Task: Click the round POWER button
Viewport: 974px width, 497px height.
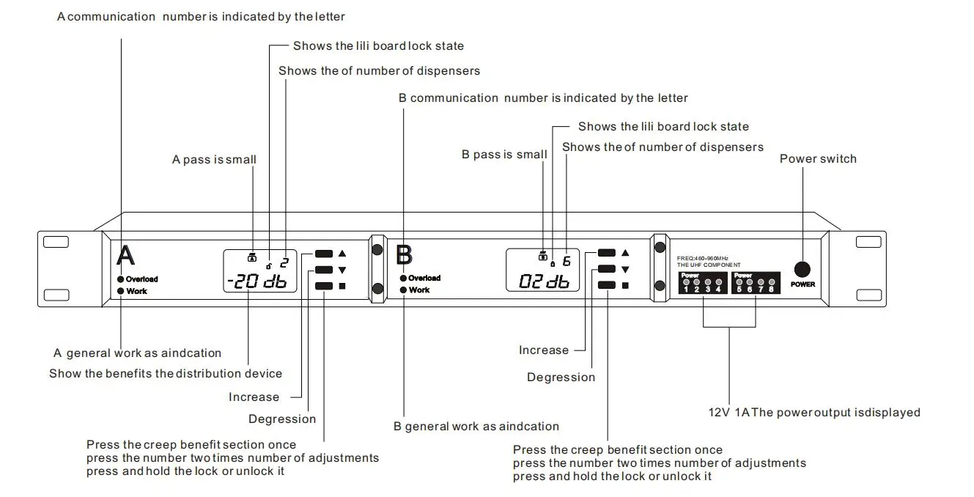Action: click(803, 269)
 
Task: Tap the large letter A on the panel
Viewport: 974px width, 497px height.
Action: click(126, 256)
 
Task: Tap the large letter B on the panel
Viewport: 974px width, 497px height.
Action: click(404, 255)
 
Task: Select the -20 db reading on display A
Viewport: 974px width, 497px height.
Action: click(257, 281)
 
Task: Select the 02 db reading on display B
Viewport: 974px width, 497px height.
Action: click(543, 281)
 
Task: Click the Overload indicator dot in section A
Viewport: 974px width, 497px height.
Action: click(120, 279)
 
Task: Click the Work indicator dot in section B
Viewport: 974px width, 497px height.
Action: click(403, 290)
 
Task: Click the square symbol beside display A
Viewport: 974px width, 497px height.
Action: click(342, 286)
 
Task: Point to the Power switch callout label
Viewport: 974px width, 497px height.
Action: click(817, 159)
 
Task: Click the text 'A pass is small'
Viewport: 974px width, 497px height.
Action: click(214, 160)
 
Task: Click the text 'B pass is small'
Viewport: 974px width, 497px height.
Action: click(503, 155)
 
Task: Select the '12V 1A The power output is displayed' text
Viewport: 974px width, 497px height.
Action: click(813, 413)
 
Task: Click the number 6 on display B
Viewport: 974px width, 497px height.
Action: click(566, 261)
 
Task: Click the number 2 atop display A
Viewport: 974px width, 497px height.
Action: click(284, 262)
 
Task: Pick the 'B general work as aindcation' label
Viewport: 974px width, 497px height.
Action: click(476, 427)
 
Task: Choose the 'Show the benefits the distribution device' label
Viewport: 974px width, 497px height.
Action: click(165, 374)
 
